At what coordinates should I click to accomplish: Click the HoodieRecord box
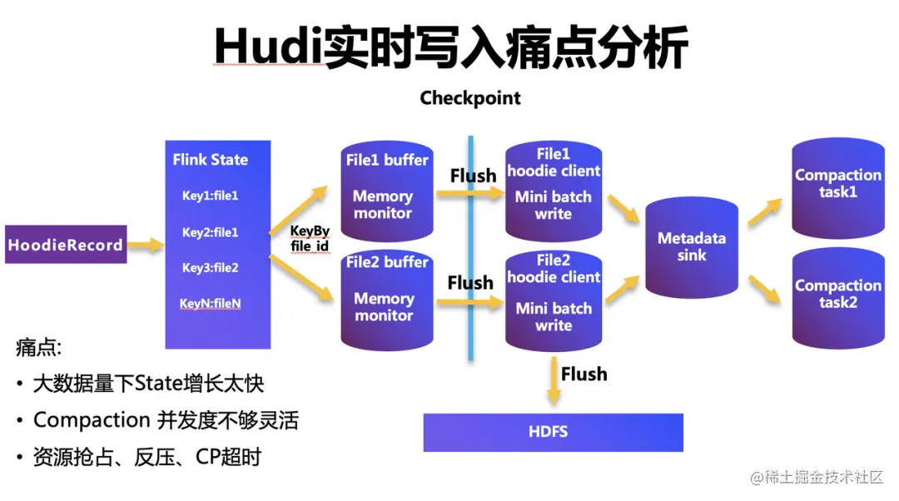[x=66, y=245]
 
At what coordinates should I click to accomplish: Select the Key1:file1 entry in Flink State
[x=211, y=196]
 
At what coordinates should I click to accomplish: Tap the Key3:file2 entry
[x=211, y=268]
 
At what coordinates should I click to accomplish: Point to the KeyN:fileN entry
[x=211, y=304]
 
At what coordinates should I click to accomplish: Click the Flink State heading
[x=211, y=160]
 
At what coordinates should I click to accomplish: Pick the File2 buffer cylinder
[x=386, y=295]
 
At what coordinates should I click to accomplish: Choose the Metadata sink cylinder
[x=692, y=247]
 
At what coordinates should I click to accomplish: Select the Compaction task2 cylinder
[x=837, y=295]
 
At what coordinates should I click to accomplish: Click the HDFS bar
[x=553, y=432]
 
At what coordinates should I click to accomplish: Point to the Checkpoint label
[x=470, y=98]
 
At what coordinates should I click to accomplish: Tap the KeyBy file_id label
[x=310, y=240]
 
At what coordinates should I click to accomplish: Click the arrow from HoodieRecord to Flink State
[x=147, y=245]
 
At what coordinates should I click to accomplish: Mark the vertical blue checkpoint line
[x=470, y=333]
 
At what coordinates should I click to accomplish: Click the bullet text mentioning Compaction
[x=165, y=420]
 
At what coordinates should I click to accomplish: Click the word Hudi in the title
[x=265, y=48]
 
